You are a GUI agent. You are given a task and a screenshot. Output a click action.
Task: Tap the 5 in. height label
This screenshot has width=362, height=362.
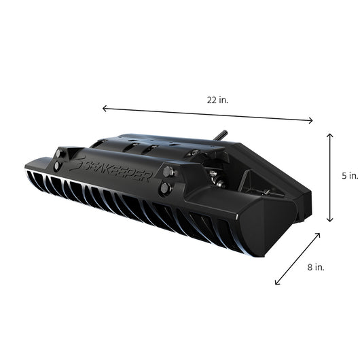pos(349,175)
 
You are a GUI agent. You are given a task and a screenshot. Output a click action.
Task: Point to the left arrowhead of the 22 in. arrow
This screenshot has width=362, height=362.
pos(104,107)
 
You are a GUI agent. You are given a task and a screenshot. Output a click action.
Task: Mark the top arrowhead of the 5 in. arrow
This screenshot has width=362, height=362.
pos(330,135)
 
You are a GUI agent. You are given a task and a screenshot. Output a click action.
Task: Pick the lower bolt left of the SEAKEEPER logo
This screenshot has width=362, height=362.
pos(55,166)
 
